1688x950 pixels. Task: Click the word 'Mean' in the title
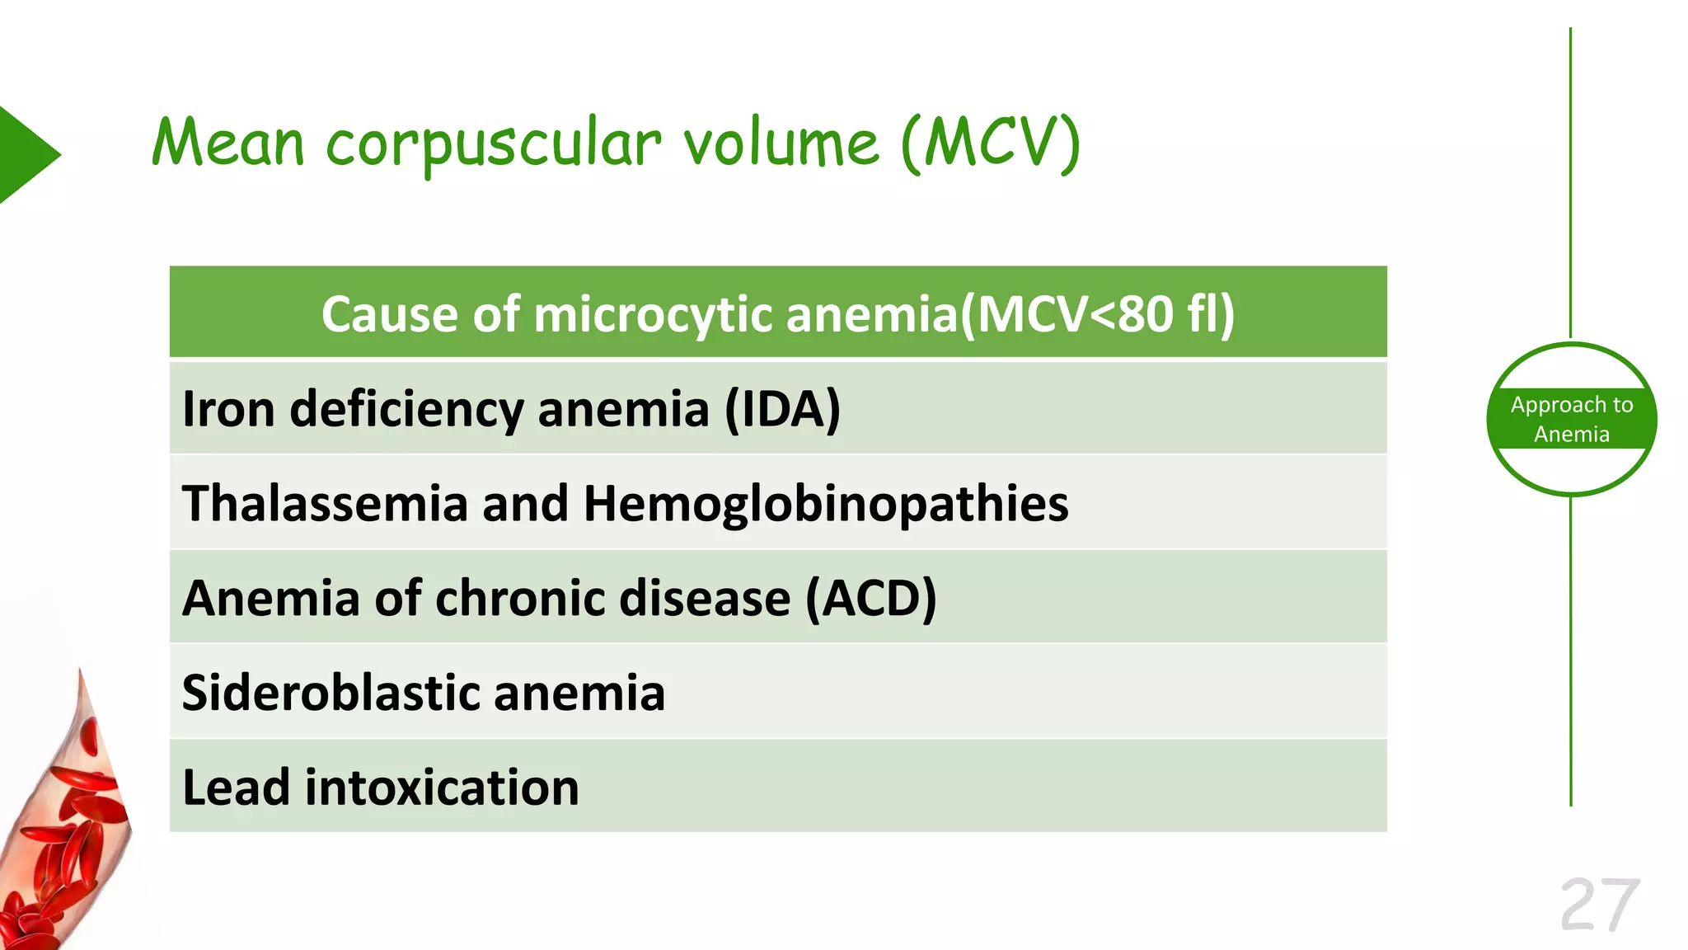(228, 143)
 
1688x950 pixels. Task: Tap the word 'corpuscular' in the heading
(493, 145)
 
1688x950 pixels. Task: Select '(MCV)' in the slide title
(990, 143)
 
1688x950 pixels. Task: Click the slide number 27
(1599, 905)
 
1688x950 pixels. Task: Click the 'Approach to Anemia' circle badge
(1571, 419)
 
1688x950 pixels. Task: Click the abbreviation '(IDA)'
(782, 409)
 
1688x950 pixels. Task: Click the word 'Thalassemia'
(325, 503)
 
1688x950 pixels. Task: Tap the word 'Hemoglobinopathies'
(825, 503)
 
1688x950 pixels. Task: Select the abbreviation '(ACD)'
(870, 598)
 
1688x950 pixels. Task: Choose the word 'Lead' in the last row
(236, 788)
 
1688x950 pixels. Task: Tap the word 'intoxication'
(442, 788)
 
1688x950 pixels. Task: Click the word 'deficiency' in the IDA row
(406, 411)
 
